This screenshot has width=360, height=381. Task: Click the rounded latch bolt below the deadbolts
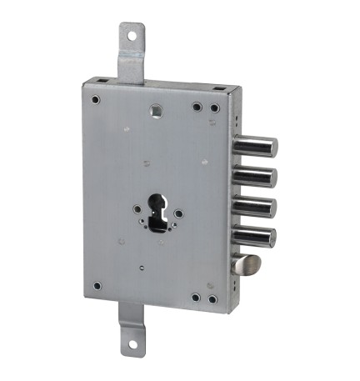coord(247,266)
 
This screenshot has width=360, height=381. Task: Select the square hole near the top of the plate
coord(156,108)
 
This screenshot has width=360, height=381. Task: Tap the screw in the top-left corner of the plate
coord(97,100)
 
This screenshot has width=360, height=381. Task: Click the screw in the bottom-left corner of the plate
coord(97,286)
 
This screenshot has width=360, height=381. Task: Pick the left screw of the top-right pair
coord(197,106)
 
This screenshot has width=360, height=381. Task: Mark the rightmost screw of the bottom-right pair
coord(212,298)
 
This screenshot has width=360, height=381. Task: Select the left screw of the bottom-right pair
coord(196,296)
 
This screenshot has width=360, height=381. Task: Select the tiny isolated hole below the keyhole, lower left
coord(142,267)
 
